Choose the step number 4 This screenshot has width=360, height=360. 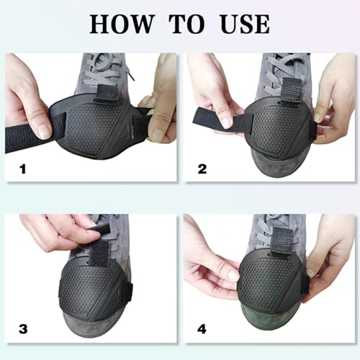(203, 329)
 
